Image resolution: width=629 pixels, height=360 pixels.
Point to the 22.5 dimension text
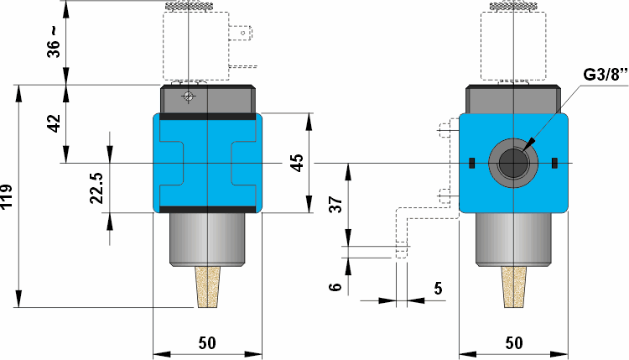point(96,188)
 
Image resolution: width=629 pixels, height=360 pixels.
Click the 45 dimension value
point(297,162)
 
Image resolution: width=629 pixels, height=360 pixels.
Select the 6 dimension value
point(335,287)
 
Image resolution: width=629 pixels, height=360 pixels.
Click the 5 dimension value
point(438,288)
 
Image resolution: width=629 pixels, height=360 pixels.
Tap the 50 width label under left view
point(206,343)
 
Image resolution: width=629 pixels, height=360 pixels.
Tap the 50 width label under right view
point(514,343)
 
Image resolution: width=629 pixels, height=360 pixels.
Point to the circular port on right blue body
point(512,162)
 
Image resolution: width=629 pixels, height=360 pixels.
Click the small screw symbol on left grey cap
point(189,97)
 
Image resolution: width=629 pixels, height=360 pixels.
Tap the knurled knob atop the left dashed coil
point(191,8)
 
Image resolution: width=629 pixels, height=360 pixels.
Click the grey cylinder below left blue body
point(206,240)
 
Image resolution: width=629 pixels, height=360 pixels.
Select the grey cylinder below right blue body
point(512,240)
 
